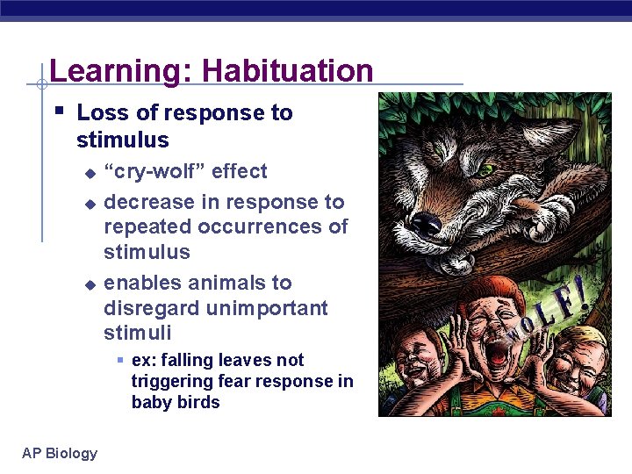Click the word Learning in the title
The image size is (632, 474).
[114, 70]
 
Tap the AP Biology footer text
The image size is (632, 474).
[60, 453]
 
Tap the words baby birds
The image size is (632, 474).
[176, 402]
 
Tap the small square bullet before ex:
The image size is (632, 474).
[121, 360]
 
